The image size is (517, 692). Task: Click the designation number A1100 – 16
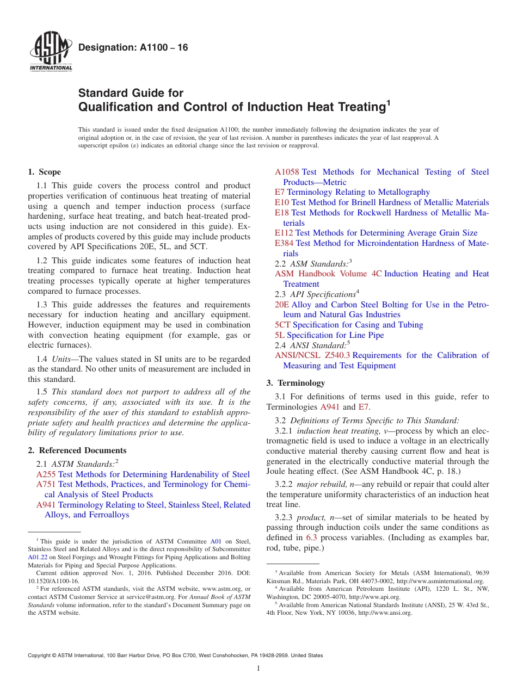(133, 47)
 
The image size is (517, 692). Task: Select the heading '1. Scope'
(44, 172)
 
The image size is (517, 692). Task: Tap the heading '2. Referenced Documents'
(77, 450)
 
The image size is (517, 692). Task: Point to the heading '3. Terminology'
(295, 382)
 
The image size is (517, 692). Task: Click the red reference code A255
(46, 474)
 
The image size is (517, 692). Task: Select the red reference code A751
(46, 484)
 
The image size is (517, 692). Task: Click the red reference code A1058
(287, 172)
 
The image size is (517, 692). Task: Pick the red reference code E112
(284, 233)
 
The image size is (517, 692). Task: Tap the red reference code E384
(284, 243)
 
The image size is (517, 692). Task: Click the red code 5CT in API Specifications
(282, 325)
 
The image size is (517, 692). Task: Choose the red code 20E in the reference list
(282, 305)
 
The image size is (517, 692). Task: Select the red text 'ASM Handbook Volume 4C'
(328, 274)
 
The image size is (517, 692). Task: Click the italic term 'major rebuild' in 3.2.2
(322, 484)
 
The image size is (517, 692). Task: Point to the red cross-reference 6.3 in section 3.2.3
(312, 537)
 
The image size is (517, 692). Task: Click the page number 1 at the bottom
(258, 669)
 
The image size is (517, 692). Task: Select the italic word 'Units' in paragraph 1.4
(63, 359)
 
